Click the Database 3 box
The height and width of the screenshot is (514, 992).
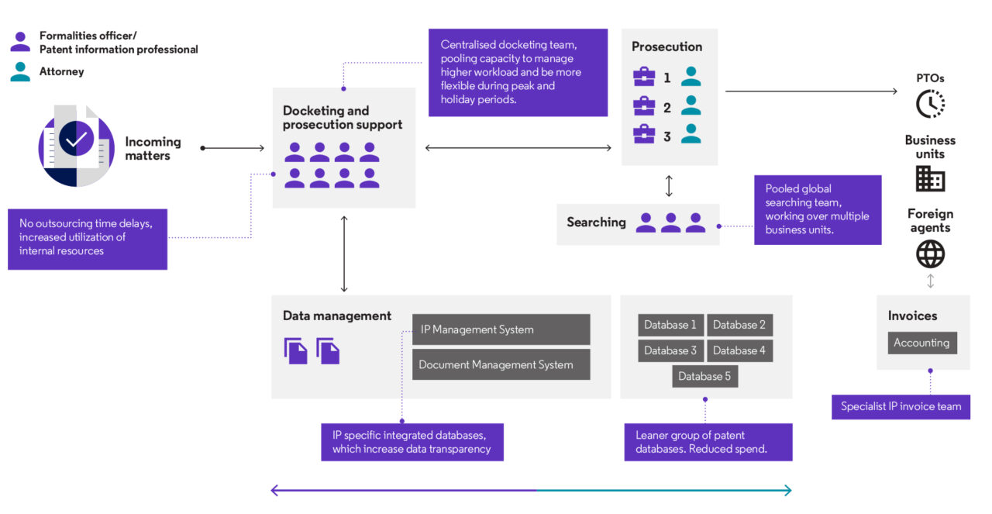coord(670,350)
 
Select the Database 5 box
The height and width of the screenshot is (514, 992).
coord(704,376)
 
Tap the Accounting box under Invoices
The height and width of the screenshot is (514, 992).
coord(921,343)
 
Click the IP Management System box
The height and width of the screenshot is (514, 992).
coord(501,329)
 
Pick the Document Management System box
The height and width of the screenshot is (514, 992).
coord(501,364)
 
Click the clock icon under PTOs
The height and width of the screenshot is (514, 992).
coord(930,104)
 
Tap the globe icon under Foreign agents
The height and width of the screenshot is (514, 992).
coord(930,254)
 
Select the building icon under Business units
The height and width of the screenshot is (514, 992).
coord(930,179)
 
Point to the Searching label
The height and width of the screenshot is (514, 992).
coord(596,223)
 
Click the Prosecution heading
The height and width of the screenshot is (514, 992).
coord(666,47)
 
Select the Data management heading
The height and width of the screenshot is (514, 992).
coord(337,316)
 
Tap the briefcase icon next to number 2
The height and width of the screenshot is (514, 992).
coord(644,106)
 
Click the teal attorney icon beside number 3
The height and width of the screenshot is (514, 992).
coord(691,135)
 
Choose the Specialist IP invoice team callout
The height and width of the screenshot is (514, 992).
coord(901,406)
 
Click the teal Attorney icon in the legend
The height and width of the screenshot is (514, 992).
coord(20,72)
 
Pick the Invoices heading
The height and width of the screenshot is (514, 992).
coord(912,316)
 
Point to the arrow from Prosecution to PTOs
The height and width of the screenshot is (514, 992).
coord(810,91)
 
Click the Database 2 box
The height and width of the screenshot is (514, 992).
coord(739,325)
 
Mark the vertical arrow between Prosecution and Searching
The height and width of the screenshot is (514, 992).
coord(670,186)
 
